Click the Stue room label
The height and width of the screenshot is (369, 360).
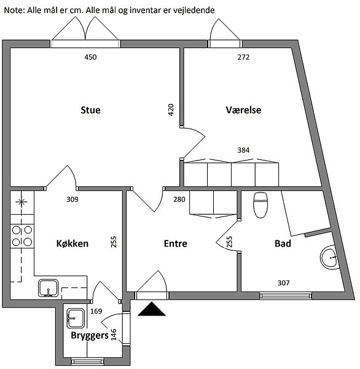point(90,110)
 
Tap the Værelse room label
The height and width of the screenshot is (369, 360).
point(243,110)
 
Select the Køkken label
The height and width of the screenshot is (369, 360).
point(72,244)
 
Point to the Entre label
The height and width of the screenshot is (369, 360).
point(176,244)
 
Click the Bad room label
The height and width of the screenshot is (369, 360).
point(283,244)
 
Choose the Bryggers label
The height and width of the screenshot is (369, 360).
point(90,336)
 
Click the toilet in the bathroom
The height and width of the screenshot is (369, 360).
point(260,205)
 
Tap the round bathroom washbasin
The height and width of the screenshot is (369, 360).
point(329,257)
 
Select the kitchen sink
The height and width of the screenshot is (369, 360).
point(48,288)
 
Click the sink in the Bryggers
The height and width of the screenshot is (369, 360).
point(75,318)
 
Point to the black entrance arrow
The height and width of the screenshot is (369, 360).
point(152,309)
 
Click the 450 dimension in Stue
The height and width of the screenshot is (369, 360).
point(90,57)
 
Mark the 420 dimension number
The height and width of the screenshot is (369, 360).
point(171,109)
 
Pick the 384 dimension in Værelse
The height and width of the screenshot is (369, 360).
point(243,150)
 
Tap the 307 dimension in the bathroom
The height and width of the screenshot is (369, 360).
point(284,283)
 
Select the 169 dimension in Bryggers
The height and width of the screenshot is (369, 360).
point(96,311)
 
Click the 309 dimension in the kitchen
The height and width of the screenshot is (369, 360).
point(72,199)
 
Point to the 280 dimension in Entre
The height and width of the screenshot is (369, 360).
point(179,199)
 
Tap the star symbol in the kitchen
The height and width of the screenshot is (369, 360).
point(22,202)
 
